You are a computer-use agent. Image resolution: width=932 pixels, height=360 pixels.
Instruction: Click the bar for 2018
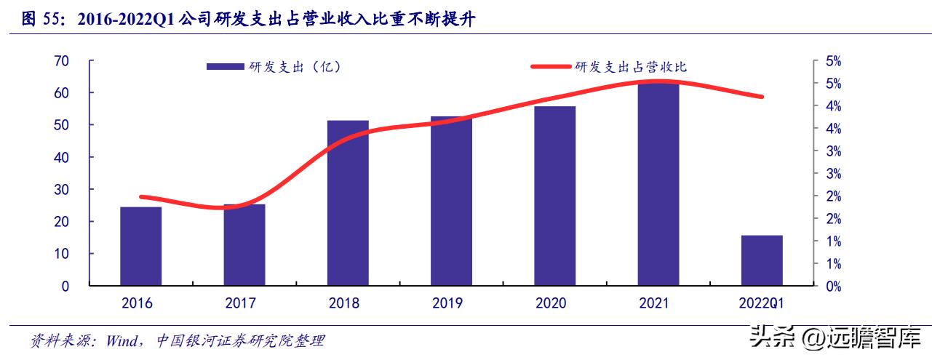[348, 203]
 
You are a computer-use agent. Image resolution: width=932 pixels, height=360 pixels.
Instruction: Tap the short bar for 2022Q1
[762, 260]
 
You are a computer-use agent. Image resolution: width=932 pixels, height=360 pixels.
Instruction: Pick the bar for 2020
[554, 196]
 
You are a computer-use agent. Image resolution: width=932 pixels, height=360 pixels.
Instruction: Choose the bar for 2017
[244, 245]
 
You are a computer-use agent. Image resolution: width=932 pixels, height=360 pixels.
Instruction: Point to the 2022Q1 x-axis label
[762, 303]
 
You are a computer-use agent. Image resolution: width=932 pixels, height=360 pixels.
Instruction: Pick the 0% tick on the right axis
[833, 287]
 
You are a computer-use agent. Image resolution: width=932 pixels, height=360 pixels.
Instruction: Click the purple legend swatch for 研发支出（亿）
[225, 67]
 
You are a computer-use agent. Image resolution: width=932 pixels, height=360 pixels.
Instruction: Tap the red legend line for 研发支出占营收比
[550, 67]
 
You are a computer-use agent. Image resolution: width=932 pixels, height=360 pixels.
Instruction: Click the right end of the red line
[762, 97]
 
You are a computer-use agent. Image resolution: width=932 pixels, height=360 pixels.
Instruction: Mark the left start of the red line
[141, 197]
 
